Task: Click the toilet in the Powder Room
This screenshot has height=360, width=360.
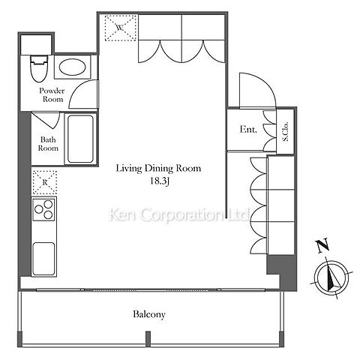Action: click(x=39, y=68)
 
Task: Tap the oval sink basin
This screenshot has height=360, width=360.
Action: click(x=72, y=67)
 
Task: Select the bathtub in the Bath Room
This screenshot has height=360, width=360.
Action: click(x=80, y=139)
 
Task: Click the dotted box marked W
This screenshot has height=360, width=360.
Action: click(x=121, y=28)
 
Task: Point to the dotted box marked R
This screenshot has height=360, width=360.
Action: click(x=45, y=182)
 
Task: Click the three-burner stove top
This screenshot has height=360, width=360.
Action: click(x=43, y=208)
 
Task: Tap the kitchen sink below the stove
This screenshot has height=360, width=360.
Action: click(x=43, y=259)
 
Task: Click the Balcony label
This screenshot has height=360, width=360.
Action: click(x=149, y=314)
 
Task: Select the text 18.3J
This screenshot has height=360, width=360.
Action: click(x=160, y=181)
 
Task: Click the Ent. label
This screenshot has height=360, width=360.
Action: click(x=248, y=130)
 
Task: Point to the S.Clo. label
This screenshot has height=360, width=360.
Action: click(x=285, y=131)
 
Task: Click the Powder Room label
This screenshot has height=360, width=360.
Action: click(x=52, y=94)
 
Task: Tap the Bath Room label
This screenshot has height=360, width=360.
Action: click(x=48, y=144)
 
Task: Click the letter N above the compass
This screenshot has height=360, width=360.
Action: click(x=322, y=246)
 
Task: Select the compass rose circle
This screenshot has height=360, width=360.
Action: click(x=331, y=277)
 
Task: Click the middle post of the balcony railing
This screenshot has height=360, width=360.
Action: click(x=148, y=339)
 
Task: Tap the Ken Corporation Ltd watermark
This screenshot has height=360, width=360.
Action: click(x=179, y=215)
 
